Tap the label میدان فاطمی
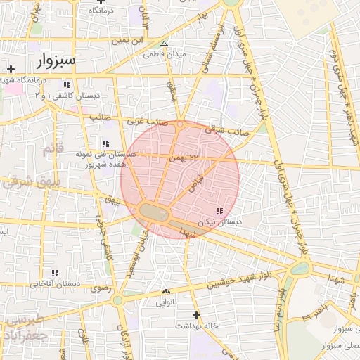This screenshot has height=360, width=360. (x=164, y=54)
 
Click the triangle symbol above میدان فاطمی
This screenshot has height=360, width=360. (x=164, y=43)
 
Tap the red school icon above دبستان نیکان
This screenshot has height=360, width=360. (x=219, y=211)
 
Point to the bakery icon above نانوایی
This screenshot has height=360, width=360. (x=166, y=292)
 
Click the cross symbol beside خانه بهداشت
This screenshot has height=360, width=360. (x=196, y=315)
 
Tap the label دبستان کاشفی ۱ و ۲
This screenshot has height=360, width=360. (x=67, y=95)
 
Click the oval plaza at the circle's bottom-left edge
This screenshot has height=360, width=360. (x=155, y=212)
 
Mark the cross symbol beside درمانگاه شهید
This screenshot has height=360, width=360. (x=10, y=69)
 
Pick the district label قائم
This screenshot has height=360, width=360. (x=53, y=149)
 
